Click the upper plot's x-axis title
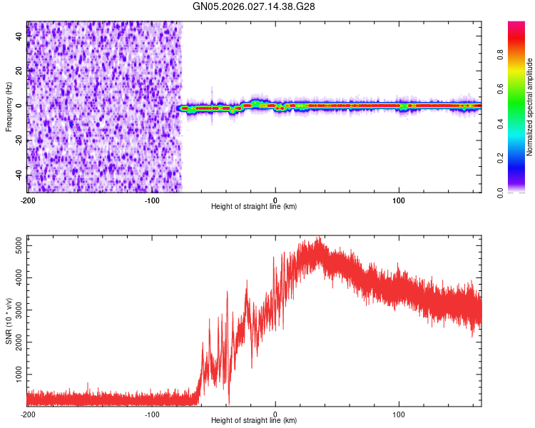coord(254,206)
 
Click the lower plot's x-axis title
coord(254,420)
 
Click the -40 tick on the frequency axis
coord(20,175)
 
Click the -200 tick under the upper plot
coord(28,200)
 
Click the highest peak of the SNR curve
coord(319,238)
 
